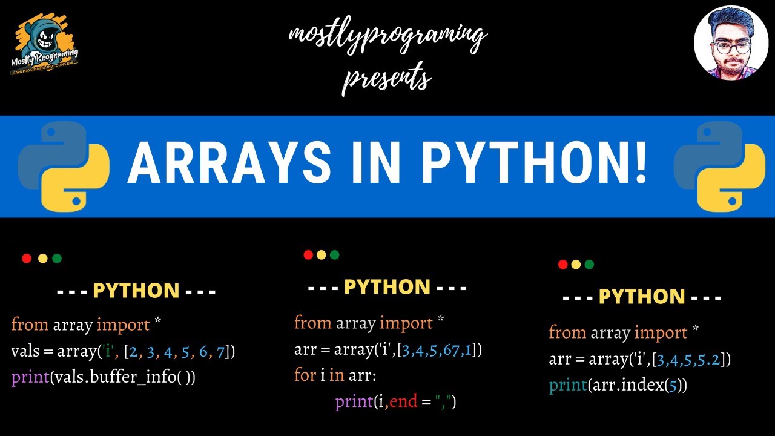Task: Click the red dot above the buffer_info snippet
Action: pyautogui.click(x=27, y=259)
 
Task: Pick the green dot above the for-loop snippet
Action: pyautogui.click(x=335, y=255)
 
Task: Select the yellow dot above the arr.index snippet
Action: pyautogui.click(x=576, y=265)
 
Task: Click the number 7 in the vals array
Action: pyautogui.click(x=220, y=351)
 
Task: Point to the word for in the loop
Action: pyautogui.click(x=305, y=375)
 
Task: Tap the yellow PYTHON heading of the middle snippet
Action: pyautogui.click(x=387, y=287)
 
